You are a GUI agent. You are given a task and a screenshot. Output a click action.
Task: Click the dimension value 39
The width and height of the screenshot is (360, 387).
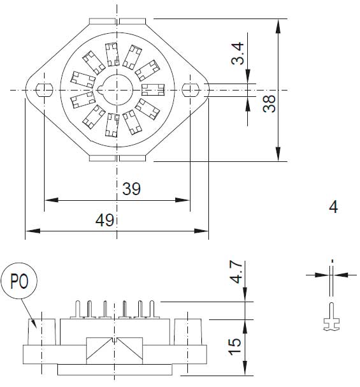[131, 189]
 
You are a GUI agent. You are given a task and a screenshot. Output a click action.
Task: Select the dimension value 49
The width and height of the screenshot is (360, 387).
[104, 220]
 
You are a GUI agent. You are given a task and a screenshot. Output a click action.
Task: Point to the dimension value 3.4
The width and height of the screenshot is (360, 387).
[237, 54]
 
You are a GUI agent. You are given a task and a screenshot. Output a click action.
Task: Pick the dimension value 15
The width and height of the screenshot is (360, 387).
[235, 346]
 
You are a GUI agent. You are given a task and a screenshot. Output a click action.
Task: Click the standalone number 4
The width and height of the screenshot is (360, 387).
[333, 207]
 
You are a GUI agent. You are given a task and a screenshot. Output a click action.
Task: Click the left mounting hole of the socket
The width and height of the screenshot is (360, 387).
[44, 89]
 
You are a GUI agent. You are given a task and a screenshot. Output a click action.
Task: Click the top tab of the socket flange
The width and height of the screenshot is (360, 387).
[117, 21]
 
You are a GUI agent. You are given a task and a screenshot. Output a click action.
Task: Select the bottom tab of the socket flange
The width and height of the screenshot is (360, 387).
[117, 157]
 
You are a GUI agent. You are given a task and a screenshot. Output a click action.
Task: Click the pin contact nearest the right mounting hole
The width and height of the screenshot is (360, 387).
[154, 89]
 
